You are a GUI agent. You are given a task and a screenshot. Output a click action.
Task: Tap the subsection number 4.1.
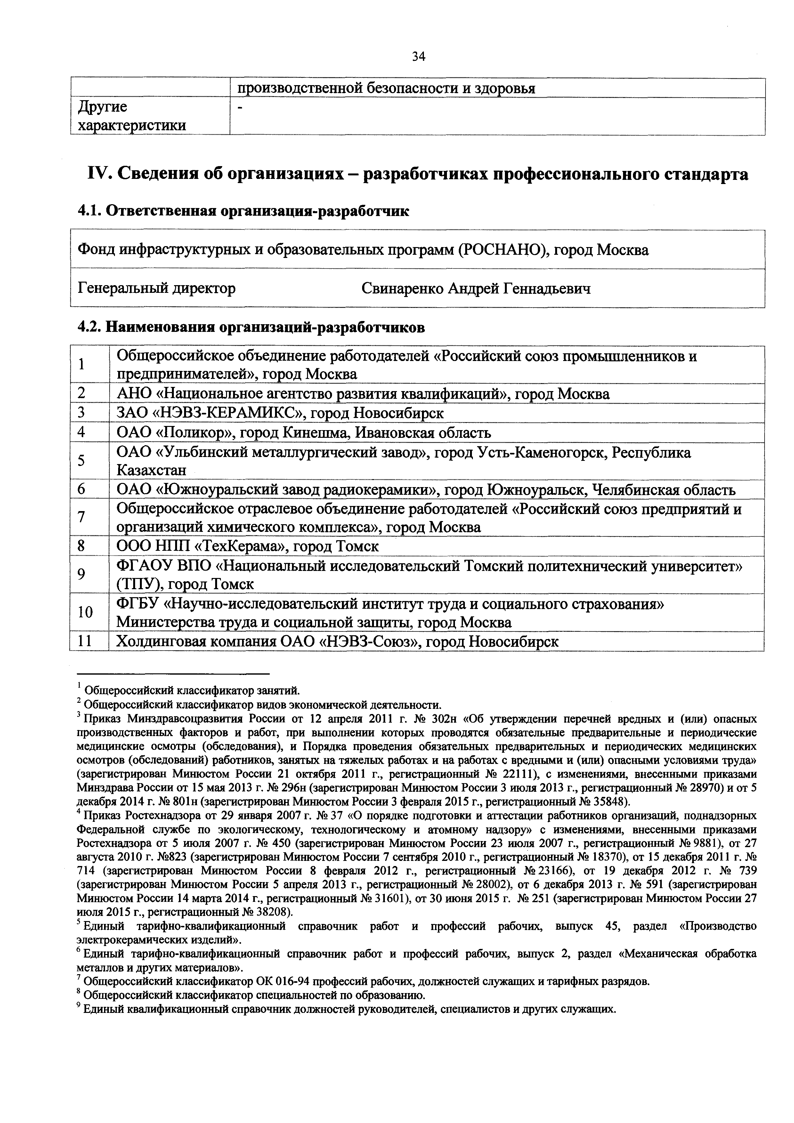(x=89, y=211)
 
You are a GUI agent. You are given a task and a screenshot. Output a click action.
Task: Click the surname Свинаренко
(x=402, y=289)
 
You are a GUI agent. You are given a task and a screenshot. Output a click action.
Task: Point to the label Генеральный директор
(x=157, y=289)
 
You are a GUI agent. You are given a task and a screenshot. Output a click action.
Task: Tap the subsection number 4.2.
(x=89, y=327)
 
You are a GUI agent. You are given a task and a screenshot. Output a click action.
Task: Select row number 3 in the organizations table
(x=81, y=413)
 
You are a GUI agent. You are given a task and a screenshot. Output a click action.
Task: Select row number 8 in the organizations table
(x=81, y=546)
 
